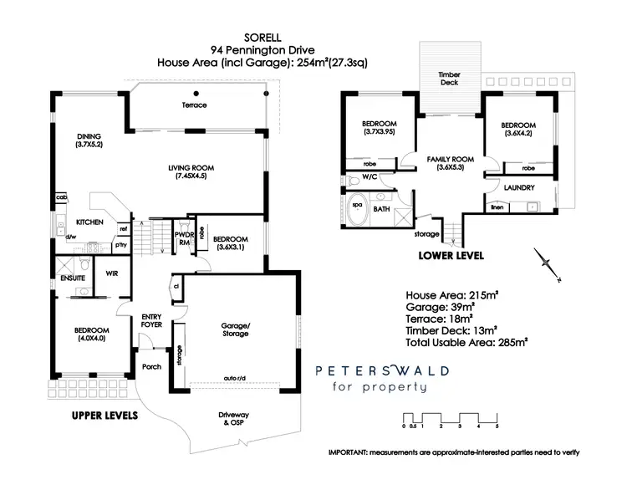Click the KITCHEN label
[x=89, y=222]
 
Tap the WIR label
[x=111, y=273]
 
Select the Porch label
[x=151, y=367]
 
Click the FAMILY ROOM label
[x=450, y=162]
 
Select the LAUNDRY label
[x=519, y=188]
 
